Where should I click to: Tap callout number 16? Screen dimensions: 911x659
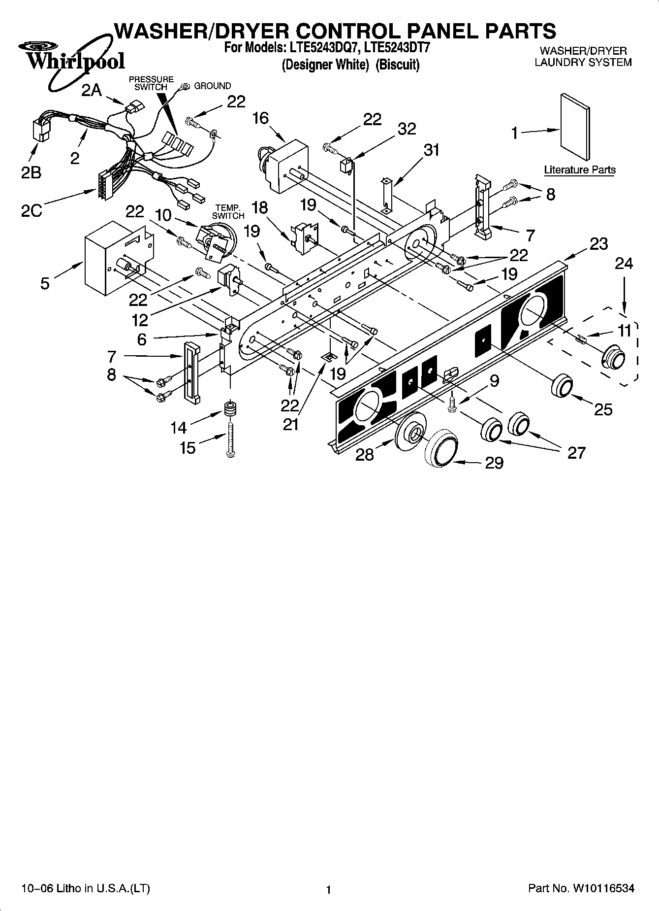pos(261,118)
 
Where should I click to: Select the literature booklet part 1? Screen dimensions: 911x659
pos(574,127)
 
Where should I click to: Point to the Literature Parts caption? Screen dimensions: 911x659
pos(579,170)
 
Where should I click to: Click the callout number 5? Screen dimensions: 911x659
pos(45,283)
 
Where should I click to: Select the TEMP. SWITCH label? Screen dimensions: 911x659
pos(228,212)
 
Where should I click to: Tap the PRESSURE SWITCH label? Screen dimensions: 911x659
pos(151,83)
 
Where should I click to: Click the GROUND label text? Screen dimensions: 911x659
pos(212,86)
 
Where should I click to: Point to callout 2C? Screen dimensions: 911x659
pos(31,210)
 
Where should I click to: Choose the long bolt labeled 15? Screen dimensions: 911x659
pos(229,437)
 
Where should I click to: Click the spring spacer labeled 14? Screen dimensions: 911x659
pos(229,409)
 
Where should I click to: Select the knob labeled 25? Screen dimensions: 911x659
pos(562,386)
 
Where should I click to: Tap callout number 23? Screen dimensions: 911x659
pos(598,244)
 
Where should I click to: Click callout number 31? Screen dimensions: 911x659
pos(432,150)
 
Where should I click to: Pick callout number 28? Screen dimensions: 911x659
pos(365,454)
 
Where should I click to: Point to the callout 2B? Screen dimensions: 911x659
pos(31,173)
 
